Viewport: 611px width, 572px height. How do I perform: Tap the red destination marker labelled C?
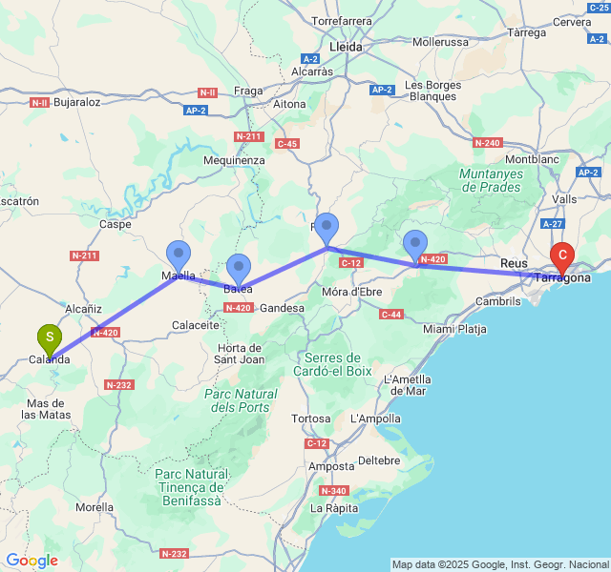[563, 255]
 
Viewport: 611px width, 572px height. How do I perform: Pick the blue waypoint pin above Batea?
[239, 268]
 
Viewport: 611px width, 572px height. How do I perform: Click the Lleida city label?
[345, 47]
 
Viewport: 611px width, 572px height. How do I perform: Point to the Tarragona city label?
[562, 277]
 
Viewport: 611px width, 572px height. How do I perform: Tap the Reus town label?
[513, 262]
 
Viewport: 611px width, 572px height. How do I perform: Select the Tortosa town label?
[310, 419]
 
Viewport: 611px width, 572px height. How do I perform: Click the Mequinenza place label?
[234, 160]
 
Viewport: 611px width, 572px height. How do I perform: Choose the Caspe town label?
[115, 224]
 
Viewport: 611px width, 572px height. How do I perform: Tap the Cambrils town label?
[497, 300]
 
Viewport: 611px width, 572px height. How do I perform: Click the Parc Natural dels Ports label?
[241, 400]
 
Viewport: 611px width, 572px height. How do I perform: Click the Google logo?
[32, 561]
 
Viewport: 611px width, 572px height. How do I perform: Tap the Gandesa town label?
[282, 308]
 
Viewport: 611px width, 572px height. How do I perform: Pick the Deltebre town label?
[379, 460]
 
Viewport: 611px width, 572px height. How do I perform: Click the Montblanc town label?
[531, 158]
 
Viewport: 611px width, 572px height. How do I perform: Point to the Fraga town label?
[247, 91]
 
